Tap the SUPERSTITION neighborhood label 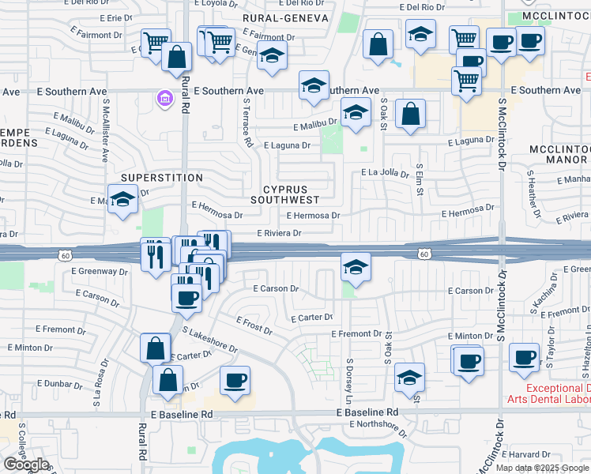coord(161,178)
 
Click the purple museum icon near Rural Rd coord(163,99)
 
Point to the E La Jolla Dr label coord(385,173)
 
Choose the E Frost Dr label coord(254,325)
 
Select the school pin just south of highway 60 coord(356,268)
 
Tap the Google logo coord(26,465)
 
